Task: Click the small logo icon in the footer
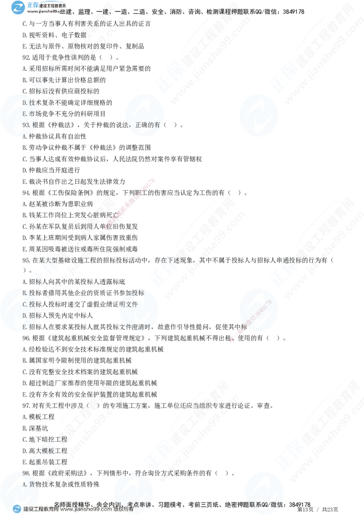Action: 16,509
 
